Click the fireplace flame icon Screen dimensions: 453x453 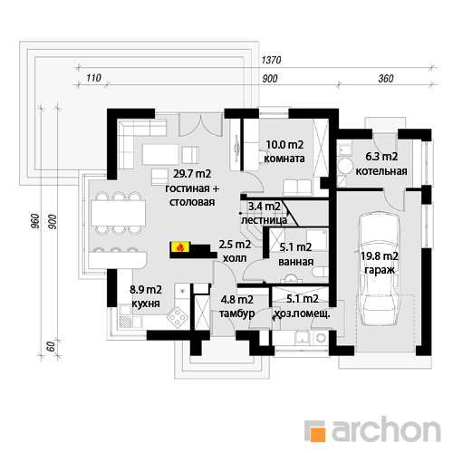180,247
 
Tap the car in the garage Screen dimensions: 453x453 380,269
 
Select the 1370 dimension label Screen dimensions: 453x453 271,60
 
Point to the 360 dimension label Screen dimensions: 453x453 386,79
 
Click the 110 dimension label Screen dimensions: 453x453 93,78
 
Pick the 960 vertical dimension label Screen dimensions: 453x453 35,221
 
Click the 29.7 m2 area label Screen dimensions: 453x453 192,174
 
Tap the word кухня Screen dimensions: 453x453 146,304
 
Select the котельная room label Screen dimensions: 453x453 381,171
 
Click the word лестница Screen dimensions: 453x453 264,220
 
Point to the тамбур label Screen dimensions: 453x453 237,313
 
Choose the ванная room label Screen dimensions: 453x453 295,262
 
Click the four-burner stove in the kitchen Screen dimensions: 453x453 178,317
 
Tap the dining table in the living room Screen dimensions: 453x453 119,213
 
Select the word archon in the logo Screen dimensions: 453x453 386,429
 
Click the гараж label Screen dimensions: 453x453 380,270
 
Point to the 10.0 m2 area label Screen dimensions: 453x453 284,145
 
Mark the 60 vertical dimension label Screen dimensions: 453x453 52,346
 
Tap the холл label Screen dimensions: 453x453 235,258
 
